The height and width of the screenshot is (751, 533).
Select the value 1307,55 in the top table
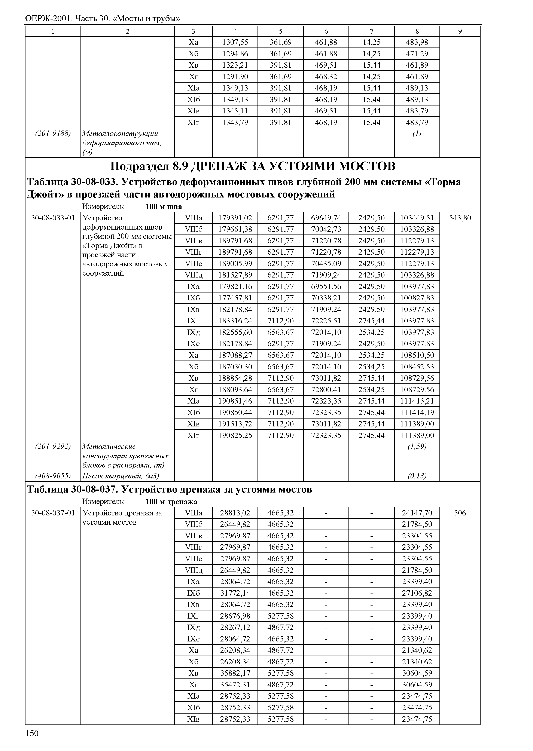click(x=235, y=42)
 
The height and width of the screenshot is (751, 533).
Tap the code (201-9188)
click(x=53, y=134)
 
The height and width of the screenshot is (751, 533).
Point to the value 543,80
click(x=460, y=218)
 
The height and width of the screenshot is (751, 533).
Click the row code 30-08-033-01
click(x=53, y=218)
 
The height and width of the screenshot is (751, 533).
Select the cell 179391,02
click(x=235, y=218)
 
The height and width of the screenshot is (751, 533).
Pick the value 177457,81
click(x=235, y=298)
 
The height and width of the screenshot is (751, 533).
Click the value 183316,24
click(x=235, y=321)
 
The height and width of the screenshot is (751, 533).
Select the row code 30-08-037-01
click(x=53, y=513)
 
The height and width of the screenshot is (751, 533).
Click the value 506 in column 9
click(x=460, y=513)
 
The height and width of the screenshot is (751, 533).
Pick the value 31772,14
click(x=235, y=593)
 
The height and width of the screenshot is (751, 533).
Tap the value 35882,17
click(x=235, y=673)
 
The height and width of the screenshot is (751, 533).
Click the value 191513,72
click(x=235, y=424)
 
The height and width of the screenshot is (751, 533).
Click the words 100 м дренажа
click(x=171, y=502)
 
